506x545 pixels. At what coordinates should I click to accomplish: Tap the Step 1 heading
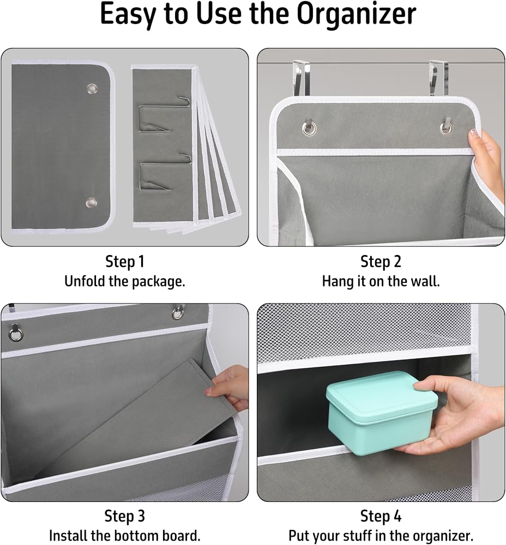tap(124, 262)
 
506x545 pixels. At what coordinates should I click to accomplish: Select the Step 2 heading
tap(381, 262)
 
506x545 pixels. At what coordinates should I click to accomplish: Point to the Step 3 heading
tap(124, 516)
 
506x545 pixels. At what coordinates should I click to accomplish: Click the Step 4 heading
tap(381, 516)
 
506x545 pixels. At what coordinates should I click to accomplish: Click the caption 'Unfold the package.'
tap(124, 281)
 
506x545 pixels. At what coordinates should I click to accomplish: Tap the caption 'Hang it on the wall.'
tap(381, 281)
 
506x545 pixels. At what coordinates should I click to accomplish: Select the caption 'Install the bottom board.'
tap(124, 536)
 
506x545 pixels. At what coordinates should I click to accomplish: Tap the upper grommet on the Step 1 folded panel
tap(92, 89)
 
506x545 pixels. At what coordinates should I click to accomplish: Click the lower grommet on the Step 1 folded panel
tap(92, 202)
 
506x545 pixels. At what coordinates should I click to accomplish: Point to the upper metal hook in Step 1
tap(165, 114)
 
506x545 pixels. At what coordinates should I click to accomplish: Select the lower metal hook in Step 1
tap(166, 173)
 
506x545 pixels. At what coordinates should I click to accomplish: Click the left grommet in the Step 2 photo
tap(309, 128)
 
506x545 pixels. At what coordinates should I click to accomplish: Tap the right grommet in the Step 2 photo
tap(445, 128)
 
